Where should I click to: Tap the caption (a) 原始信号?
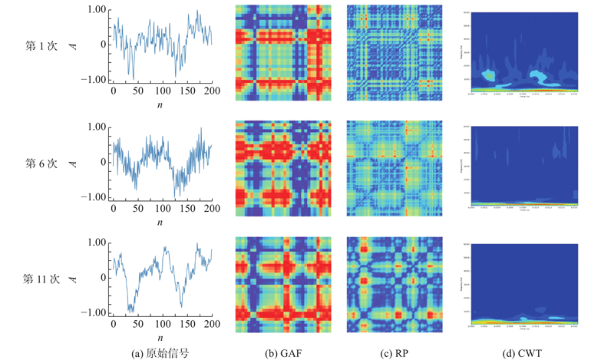[160, 352]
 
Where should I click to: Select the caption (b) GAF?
[282, 352]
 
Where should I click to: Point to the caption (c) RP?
[392, 352]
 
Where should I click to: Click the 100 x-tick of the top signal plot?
[162, 91]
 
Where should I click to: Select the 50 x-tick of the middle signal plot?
[137, 209]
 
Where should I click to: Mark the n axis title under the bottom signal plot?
[160, 338]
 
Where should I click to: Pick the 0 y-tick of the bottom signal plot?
[103, 278]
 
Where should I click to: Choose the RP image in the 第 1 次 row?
[393, 52]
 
